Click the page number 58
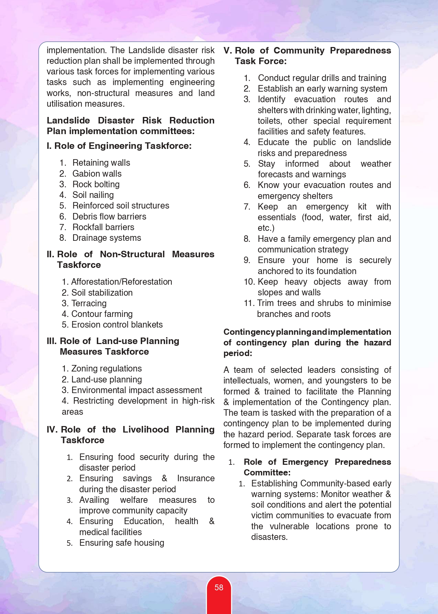219,588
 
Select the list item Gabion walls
97,174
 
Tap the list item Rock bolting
96,184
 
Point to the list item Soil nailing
93,195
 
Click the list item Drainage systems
107,238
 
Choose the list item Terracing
89,303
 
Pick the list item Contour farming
102,314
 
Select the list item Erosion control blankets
117,324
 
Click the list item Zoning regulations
106,368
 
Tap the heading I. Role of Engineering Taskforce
119,146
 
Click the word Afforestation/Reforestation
122,282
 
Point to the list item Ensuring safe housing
122,543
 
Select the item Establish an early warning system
322,88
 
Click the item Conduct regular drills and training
322,78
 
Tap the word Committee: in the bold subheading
267,473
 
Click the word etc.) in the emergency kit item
266,228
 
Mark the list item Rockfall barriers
103,227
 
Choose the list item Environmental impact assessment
137,390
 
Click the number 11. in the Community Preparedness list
249,303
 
